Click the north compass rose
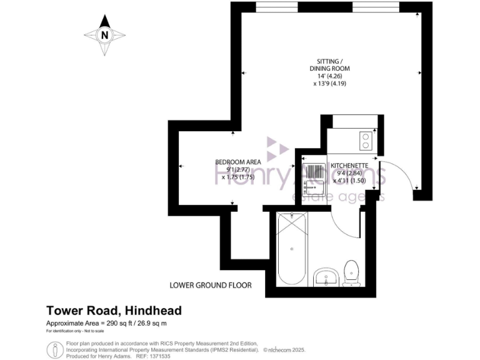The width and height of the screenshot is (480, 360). [104, 36]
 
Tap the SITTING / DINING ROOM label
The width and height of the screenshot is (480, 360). [329, 64]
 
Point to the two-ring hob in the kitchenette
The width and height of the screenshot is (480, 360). [364, 141]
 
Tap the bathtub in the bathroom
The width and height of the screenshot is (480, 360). [292, 250]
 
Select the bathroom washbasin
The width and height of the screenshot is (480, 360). [326, 276]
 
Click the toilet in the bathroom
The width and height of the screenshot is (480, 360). [351, 273]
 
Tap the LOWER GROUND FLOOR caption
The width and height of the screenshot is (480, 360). [211, 286]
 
